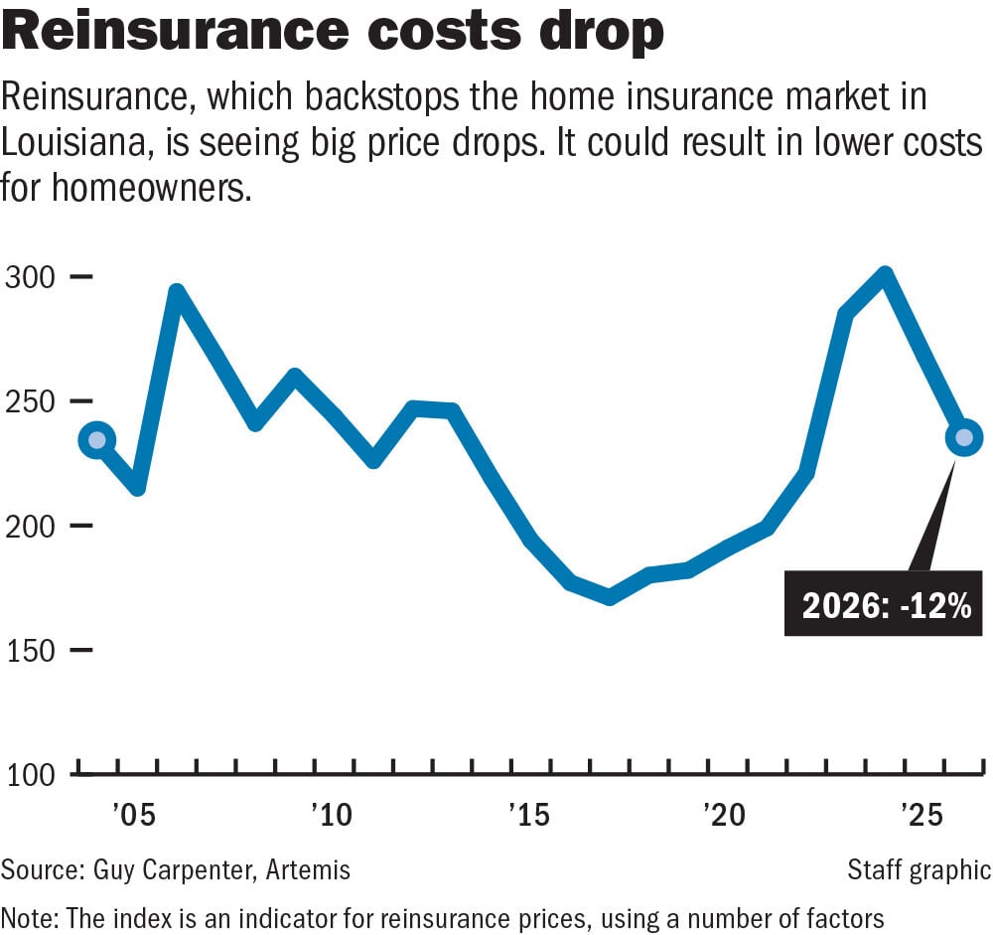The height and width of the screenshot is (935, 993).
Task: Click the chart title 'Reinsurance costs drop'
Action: click(x=332, y=34)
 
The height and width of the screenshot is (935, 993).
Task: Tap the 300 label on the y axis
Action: click(x=32, y=277)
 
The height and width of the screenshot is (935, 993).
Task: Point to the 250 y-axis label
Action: click(x=32, y=401)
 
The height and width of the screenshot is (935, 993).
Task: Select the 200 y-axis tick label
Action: click(x=32, y=526)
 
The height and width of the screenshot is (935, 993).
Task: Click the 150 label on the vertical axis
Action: click(x=32, y=651)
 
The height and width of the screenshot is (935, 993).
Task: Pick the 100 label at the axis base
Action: click(x=32, y=775)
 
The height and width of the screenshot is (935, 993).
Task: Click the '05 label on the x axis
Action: click(x=133, y=816)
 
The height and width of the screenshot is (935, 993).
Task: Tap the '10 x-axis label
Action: click(x=331, y=816)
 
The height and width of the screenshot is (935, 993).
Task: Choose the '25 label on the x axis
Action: click(x=920, y=816)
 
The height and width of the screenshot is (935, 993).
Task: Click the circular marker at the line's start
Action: click(x=96, y=440)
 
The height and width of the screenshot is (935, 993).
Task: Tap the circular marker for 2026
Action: click(x=962, y=437)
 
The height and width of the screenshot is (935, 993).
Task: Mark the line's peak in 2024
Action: click(x=884, y=276)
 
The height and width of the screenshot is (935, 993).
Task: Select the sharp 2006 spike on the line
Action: click(x=176, y=294)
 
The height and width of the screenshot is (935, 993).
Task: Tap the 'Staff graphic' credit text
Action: click(x=919, y=870)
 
